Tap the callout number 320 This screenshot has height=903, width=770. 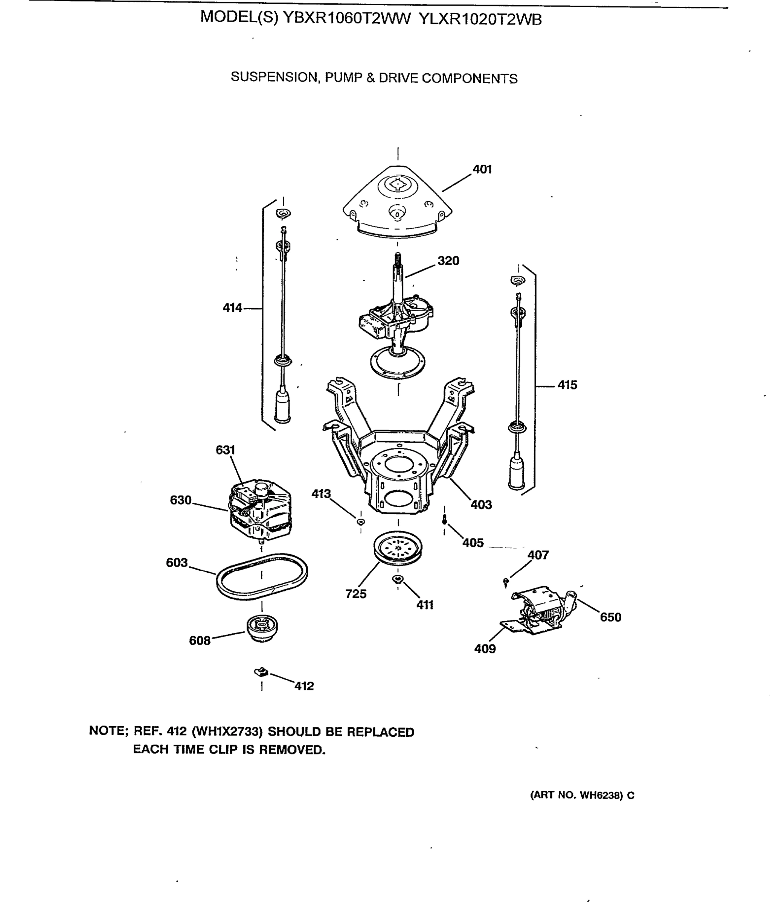coord(448,261)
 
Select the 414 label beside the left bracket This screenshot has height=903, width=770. coord(232,308)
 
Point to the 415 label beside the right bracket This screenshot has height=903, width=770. coord(567,385)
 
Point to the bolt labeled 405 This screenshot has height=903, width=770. coord(444,520)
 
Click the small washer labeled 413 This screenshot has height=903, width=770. coord(361,521)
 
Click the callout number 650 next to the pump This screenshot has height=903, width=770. coord(610,617)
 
